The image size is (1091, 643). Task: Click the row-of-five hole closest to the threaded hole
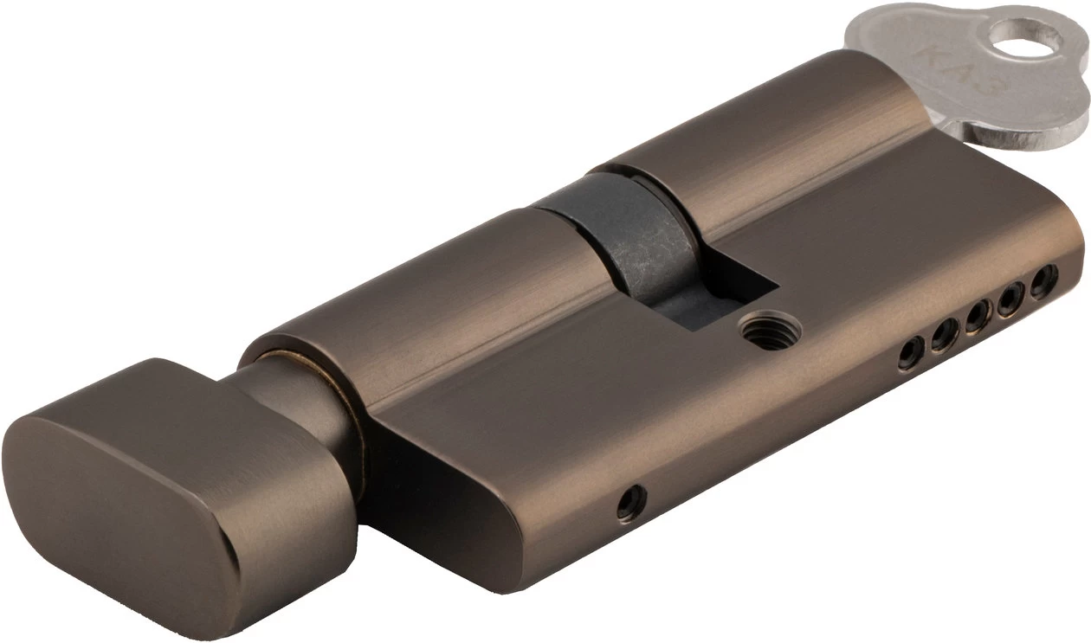[910, 353]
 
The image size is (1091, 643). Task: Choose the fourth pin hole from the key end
[944, 334]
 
